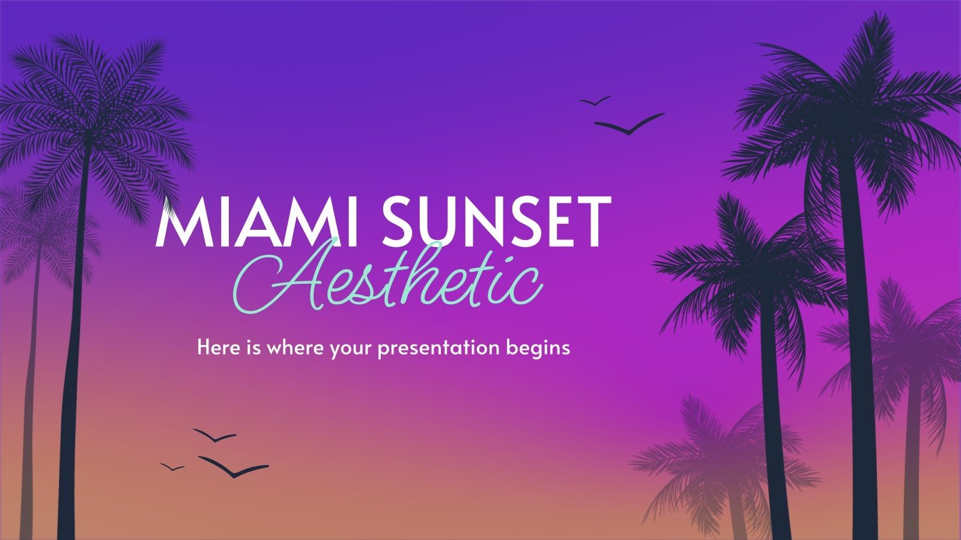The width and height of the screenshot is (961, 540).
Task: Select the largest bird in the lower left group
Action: [x=234, y=467]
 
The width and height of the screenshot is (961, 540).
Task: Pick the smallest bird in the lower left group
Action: [x=172, y=466]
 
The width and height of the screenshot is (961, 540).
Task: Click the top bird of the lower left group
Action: [x=214, y=436]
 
